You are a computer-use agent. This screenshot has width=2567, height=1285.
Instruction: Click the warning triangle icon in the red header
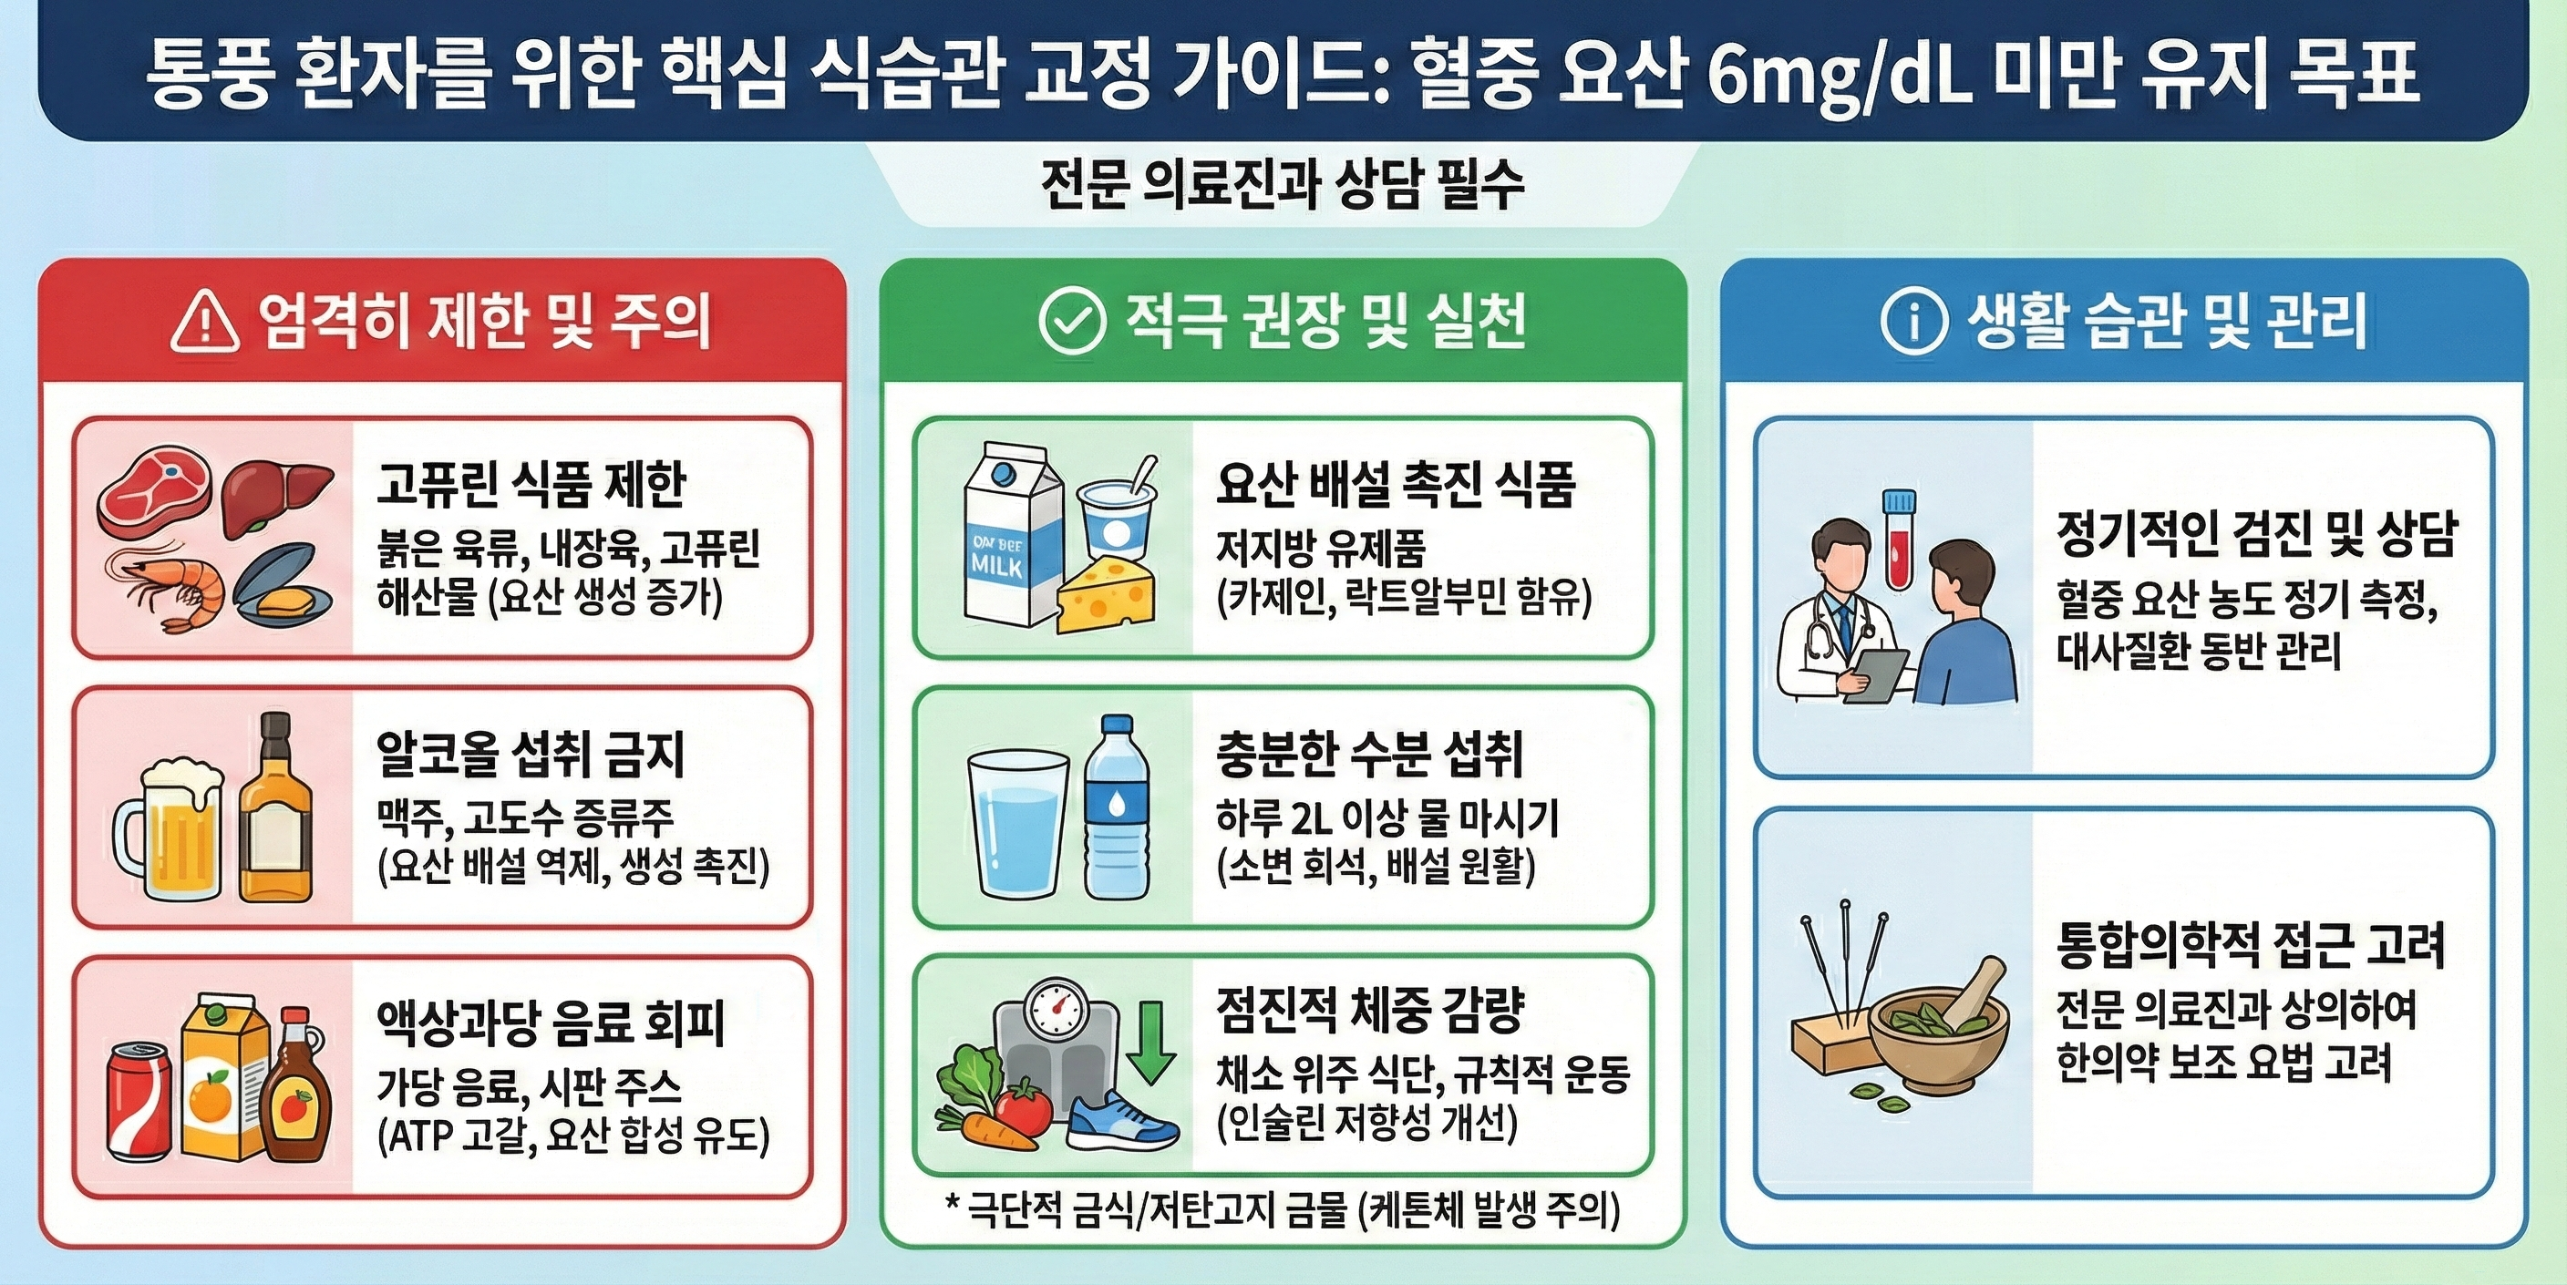[204, 323]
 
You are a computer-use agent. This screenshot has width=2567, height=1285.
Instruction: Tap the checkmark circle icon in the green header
[1071, 322]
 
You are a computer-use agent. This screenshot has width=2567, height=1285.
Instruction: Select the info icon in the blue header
[1912, 322]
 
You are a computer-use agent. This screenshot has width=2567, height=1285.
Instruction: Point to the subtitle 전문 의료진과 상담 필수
[1283, 185]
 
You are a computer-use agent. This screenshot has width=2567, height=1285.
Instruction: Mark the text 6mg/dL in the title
[1839, 76]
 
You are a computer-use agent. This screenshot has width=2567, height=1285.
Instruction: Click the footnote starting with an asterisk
[1282, 1210]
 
